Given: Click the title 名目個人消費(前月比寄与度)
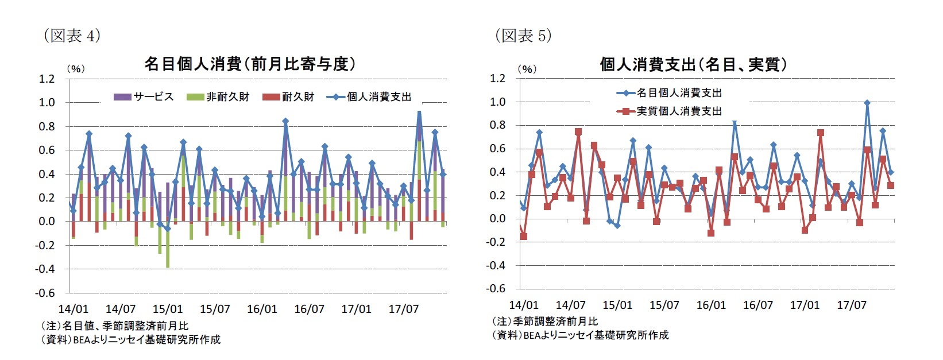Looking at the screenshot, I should click(x=249, y=64).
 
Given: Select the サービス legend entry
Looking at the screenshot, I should click(x=144, y=97).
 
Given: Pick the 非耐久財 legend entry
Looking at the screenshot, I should click(x=218, y=97).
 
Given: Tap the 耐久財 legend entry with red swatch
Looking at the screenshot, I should click(x=288, y=97).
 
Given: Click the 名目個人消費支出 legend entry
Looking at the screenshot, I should click(x=669, y=93).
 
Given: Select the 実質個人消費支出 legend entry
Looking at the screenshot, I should click(x=669, y=111).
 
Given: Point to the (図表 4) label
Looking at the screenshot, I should click(x=72, y=36).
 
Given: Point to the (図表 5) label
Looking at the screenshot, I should click(x=523, y=36).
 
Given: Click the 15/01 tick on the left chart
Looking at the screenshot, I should click(x=168, y=309).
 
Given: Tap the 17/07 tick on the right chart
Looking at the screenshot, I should click(x=851, y=305).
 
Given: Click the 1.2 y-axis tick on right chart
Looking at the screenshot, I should click(x=497, y=78).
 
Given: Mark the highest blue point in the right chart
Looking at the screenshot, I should click(x=867, y=103).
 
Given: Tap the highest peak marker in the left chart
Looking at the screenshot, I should click(x=419, y=113).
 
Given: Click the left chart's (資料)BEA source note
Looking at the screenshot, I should click(x=130, y=339).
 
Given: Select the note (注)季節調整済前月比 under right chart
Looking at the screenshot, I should click(x=545, y=322).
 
